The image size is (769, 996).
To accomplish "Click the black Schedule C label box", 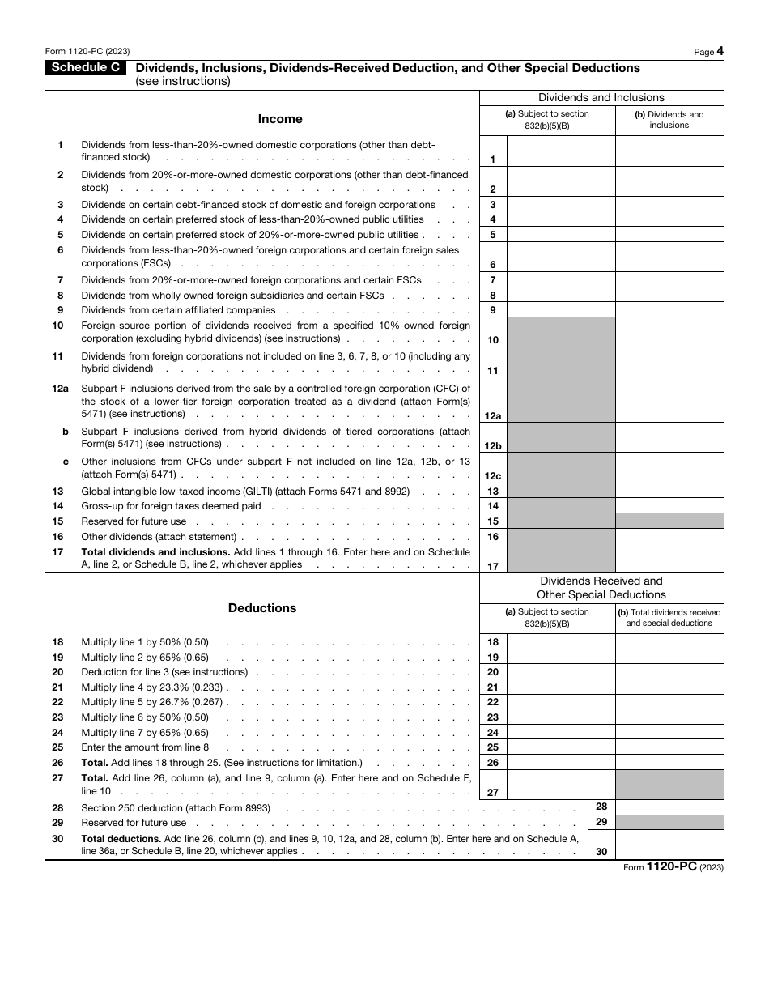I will point(84,68).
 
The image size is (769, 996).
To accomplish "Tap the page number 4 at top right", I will point(720,51).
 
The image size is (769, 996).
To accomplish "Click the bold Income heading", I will point(280,119).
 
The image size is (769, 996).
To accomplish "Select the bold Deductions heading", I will point(262,608).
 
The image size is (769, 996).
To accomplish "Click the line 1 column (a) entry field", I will point(561,151).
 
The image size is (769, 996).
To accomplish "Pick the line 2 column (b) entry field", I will point(669,181).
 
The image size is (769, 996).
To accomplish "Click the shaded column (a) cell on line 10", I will point(561,332).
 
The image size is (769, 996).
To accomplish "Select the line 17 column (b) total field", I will point(669,558).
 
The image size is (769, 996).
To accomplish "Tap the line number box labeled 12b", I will point(493,445).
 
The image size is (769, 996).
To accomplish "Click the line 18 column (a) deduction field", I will point(561,642).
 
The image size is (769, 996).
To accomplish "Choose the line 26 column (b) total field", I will point(669,763).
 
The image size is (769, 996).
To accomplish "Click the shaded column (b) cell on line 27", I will point(669,785).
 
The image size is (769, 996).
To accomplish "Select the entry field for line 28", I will point(669,807).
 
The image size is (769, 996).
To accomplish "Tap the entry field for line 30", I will point(669,845).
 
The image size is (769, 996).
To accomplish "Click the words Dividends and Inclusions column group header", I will point(601,98).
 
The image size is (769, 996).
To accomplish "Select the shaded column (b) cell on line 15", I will point(669,521).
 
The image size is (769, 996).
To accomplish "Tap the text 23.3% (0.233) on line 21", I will point(189,687).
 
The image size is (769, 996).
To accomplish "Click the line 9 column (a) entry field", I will point(561,310).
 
